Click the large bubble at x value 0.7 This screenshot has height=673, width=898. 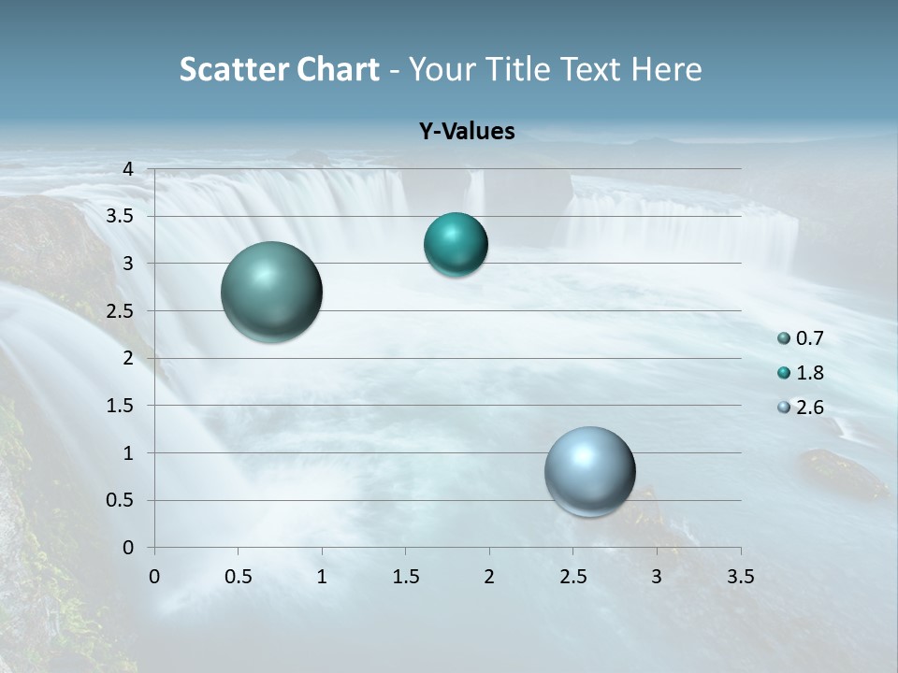click(x=272, y=292)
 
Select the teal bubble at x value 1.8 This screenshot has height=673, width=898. click(x=456, y=245)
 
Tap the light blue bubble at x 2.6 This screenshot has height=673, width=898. click(x=589, y=471)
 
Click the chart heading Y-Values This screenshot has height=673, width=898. click(x=467, y=132)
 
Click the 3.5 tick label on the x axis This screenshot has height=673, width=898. click(x=740, y=577)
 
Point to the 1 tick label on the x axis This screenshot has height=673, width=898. click(x=322, y=577)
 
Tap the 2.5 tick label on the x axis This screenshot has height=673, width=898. click(x=572, y=577)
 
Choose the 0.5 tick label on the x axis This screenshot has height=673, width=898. click(x=238, y=577)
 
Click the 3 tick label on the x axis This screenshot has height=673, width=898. click(x=657, y=577)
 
